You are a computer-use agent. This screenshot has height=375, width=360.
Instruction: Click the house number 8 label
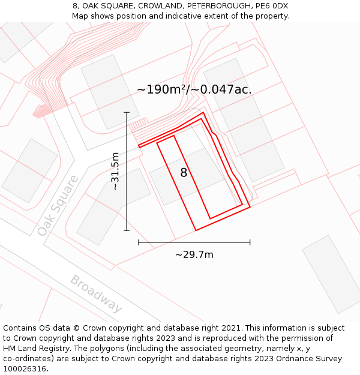coord(184,173)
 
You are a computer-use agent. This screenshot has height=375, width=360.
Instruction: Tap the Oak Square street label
coord(58,205)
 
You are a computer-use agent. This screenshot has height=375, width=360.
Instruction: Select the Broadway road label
coord(96,293)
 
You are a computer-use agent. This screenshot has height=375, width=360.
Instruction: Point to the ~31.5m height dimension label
coord(115,172)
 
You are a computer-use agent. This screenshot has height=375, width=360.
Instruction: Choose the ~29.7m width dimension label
coord(194,254)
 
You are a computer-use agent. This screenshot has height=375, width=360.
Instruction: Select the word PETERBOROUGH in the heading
coord(207,6)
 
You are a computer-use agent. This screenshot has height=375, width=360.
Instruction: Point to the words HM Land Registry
coord(33,349)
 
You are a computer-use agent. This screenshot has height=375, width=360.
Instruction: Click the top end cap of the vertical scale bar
coord(127,112)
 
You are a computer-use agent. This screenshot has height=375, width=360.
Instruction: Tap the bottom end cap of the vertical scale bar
coord(127,230)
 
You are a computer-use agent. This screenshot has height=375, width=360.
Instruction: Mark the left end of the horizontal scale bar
coord(139,242)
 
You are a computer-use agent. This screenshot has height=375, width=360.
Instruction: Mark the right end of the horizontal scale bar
coord(250,242)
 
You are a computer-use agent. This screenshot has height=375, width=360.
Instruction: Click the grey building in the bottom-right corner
coord(332,274)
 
